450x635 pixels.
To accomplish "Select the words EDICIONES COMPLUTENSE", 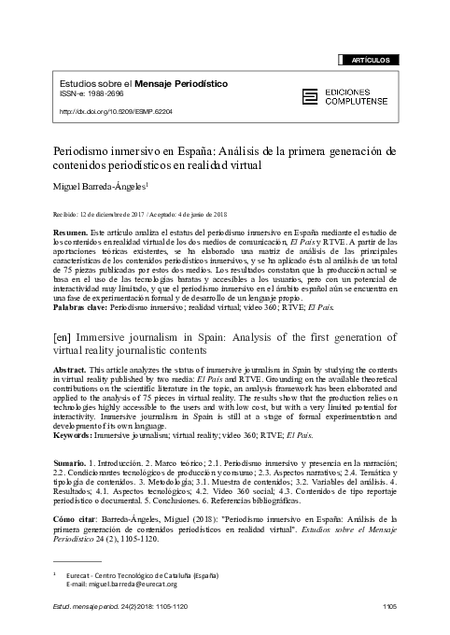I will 360,94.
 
